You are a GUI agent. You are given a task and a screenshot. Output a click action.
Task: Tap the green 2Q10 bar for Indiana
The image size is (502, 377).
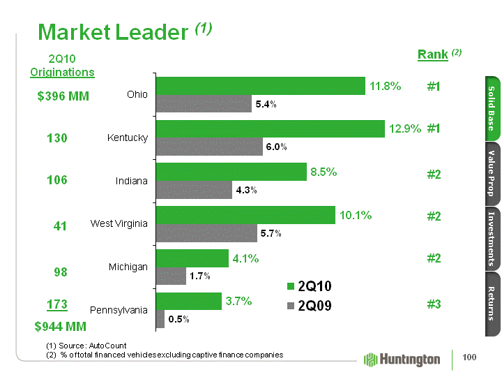click(231, 172)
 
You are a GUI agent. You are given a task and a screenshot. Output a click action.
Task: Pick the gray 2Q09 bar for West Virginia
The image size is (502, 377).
click(206, 233)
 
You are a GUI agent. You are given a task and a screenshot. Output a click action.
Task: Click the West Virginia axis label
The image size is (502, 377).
click(119, 223)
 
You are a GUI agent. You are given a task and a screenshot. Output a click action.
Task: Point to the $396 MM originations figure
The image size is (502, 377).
click(63, 96)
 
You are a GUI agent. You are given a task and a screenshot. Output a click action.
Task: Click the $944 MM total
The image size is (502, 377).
click(61, 345)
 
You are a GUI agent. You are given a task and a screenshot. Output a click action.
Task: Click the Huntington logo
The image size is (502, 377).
click(403, 359)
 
